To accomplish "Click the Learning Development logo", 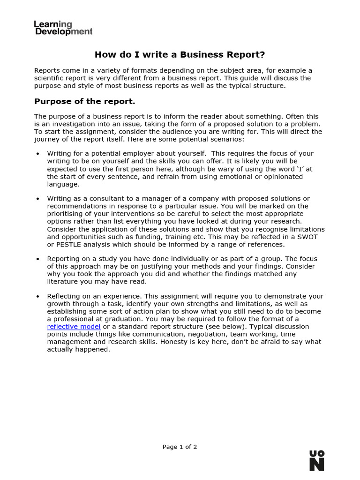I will [63, 28].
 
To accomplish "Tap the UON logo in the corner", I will [316, 460].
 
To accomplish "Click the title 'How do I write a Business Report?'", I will [180, 55].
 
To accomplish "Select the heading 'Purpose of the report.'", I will [85, 101].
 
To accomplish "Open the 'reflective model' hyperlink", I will [74, 327].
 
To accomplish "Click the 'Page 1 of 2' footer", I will [180, 447].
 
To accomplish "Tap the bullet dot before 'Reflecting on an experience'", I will [37, 297].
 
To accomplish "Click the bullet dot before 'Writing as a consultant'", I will [37, 199].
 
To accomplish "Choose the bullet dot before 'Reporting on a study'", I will [37, 259].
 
